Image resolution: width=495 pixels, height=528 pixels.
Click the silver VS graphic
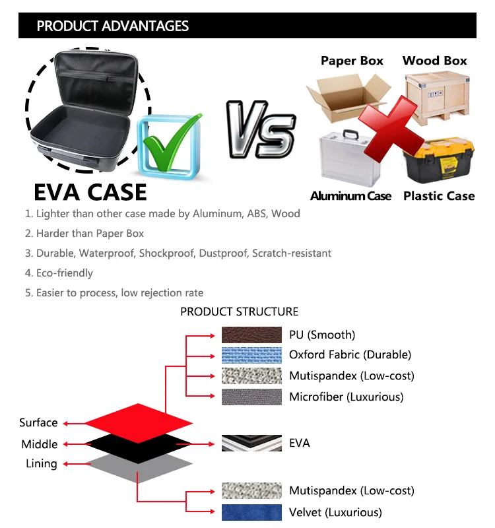click(x=261, y=129)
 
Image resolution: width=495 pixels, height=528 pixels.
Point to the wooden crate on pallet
click(x=438, y=97)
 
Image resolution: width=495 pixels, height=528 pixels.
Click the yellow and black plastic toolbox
click(x=439, y=160)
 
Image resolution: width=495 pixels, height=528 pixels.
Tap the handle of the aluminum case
click(x=350, y=135)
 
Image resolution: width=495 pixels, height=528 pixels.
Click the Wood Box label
click(x=435, y=61)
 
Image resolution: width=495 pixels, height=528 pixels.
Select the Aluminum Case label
click(x=350, y=196)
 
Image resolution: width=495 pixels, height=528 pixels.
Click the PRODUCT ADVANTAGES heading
click(x=113, y=26)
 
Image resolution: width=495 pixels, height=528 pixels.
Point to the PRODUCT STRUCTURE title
click(x=240, y=312)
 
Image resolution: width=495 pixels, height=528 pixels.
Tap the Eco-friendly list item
click(x=59, y=273)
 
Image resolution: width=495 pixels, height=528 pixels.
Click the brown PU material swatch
click(x=251, y=335)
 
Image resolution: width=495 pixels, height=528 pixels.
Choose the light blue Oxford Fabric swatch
click(x=251, y=355)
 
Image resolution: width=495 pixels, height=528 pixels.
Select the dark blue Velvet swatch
click(x=251, y=512)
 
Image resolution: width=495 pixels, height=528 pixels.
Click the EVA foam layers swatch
click(x=251, y=443)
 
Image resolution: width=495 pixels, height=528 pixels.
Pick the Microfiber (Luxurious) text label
click(x=346, y=397)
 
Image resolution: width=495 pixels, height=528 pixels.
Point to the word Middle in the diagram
click(x=40, y=444)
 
